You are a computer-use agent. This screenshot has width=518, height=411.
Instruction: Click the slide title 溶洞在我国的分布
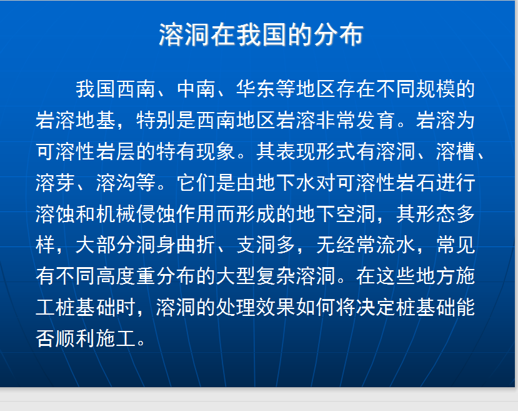261,34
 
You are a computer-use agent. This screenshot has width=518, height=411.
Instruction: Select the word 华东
256,89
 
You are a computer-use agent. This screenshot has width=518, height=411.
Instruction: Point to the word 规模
435,89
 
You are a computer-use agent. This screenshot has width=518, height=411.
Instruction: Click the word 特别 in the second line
155,120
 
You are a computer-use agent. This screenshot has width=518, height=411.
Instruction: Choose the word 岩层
116,151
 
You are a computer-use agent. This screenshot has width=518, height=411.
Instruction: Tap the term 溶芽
55,183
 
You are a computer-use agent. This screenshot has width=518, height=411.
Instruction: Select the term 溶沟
116,183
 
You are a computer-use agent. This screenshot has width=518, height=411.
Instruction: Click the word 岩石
416,183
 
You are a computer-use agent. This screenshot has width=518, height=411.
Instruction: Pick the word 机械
116,213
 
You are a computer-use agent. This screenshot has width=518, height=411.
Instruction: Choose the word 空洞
356,213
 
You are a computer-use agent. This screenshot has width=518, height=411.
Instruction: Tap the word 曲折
196,245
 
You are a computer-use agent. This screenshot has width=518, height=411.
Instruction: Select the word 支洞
256,245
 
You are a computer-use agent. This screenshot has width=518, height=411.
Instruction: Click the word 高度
116,276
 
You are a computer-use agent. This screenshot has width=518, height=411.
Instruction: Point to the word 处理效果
256,307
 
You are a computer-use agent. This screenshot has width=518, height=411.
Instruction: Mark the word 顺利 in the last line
76,338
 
